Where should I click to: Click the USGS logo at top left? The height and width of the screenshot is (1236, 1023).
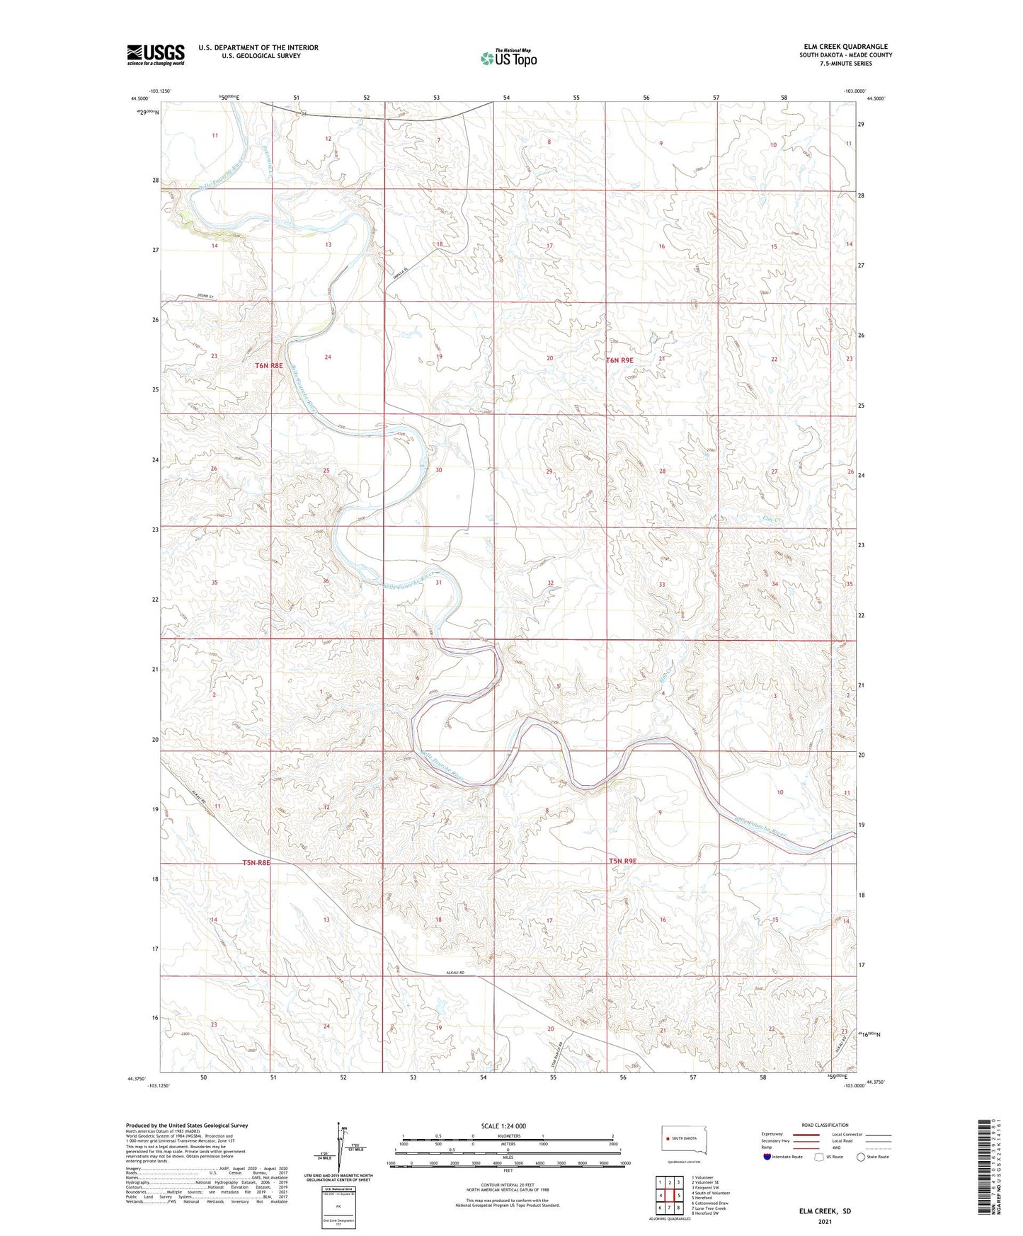click(156, 55)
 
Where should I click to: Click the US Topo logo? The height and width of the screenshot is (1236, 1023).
click(508, 58)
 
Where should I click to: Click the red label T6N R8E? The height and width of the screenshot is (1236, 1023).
click(269, 366)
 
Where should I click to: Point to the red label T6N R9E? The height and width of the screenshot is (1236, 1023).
click(621, 360)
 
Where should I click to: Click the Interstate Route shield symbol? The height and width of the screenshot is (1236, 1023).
click(768, 1157)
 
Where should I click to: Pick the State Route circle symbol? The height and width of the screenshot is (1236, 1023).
click(860, 1157)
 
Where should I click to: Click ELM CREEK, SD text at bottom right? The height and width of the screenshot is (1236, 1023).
click(824, 1211)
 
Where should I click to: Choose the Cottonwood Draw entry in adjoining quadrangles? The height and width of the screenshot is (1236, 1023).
click(711, 1202)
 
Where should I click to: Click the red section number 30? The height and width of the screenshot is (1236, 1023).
click(439, 470)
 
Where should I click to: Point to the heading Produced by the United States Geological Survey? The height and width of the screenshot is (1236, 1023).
click(187, 1125)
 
